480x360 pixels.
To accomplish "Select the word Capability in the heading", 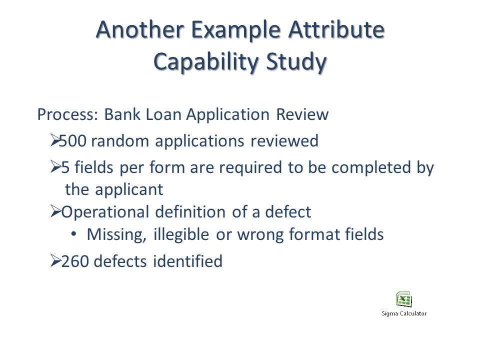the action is pos(206,62).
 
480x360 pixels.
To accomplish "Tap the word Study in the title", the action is pos(296,62).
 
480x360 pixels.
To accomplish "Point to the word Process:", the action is pos(67,114).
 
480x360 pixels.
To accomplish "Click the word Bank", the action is pos(122,114).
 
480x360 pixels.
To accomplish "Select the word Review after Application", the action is pos(302,114).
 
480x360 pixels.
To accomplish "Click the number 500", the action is pos(72,141).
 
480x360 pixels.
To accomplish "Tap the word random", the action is pos(119,141).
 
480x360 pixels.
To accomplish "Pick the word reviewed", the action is pos(284,141).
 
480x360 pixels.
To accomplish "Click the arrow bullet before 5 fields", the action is pos(55,167).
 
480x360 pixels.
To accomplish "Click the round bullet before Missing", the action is pos(73,234).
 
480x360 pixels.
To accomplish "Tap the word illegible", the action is pos(181,235).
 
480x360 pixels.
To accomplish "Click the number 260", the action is pos(75,261).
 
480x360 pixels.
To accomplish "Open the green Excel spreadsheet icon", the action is pos(404,299).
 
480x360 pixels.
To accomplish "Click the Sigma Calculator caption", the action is pos(404,313).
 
